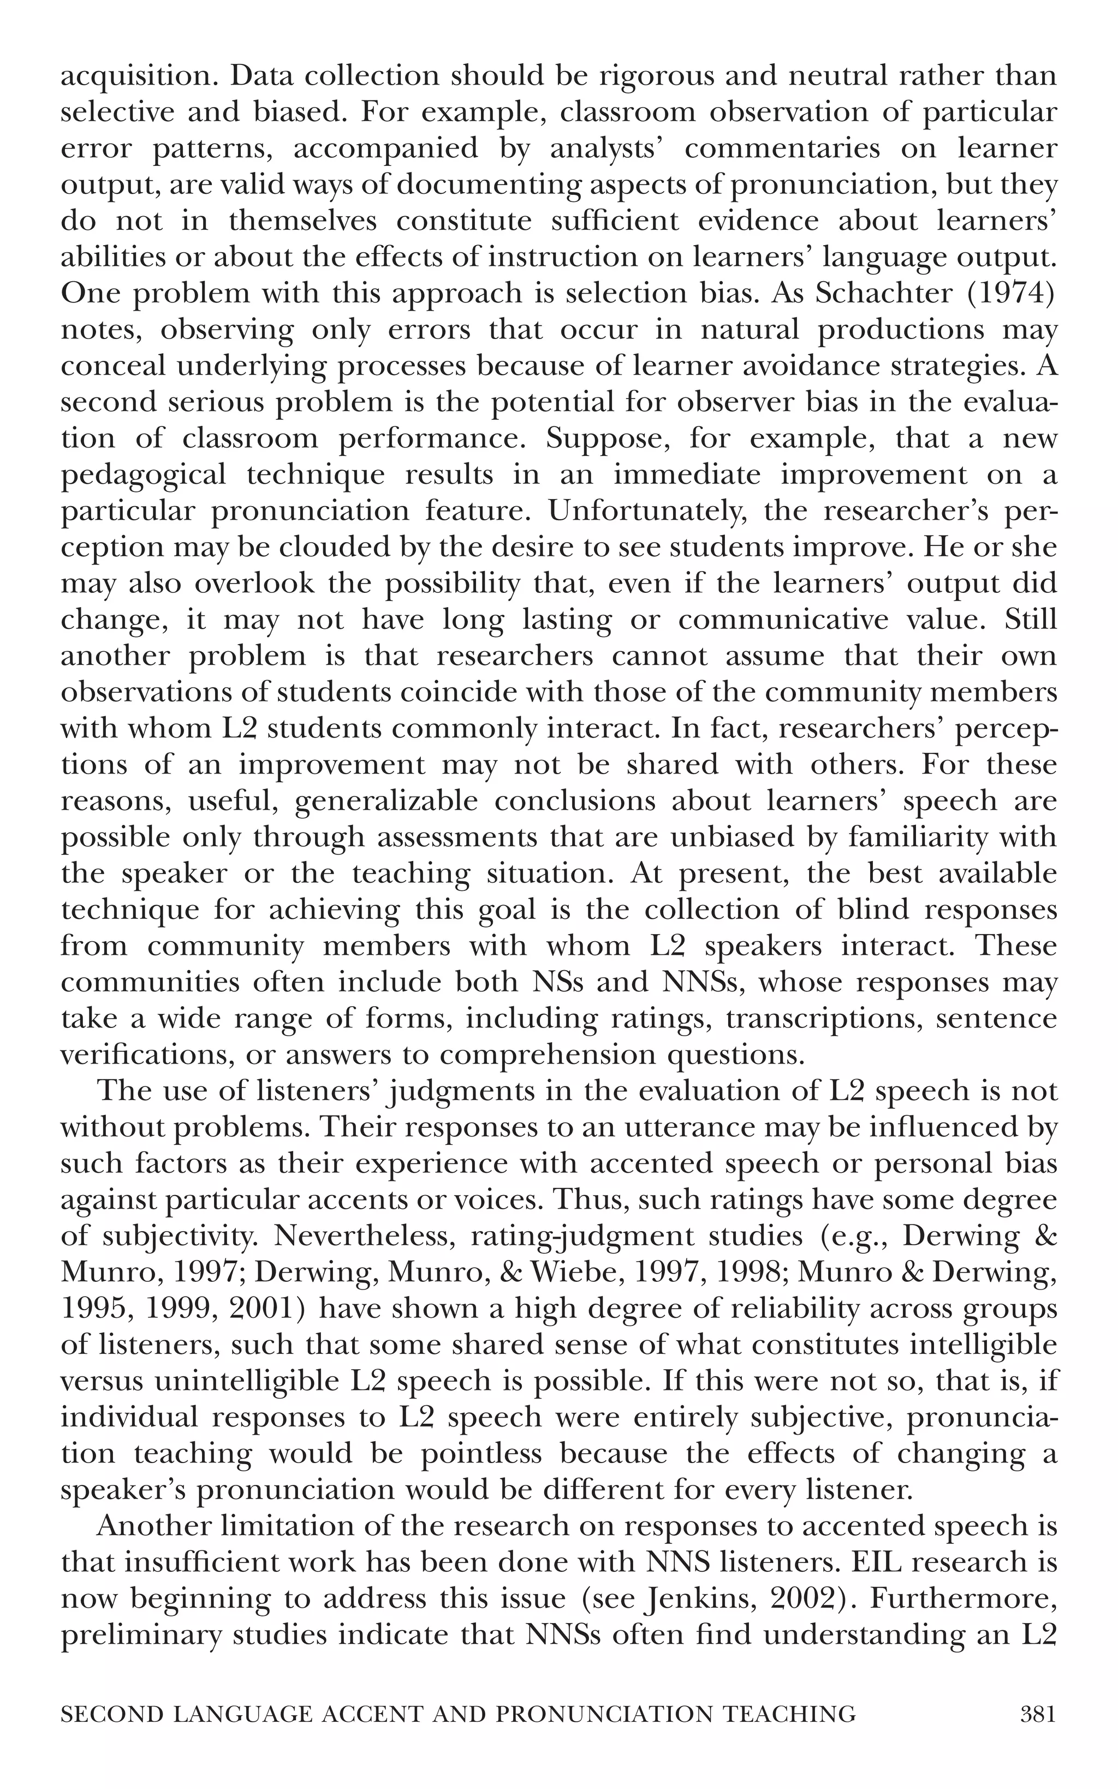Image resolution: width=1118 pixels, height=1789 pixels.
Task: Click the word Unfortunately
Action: coord(634,511)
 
